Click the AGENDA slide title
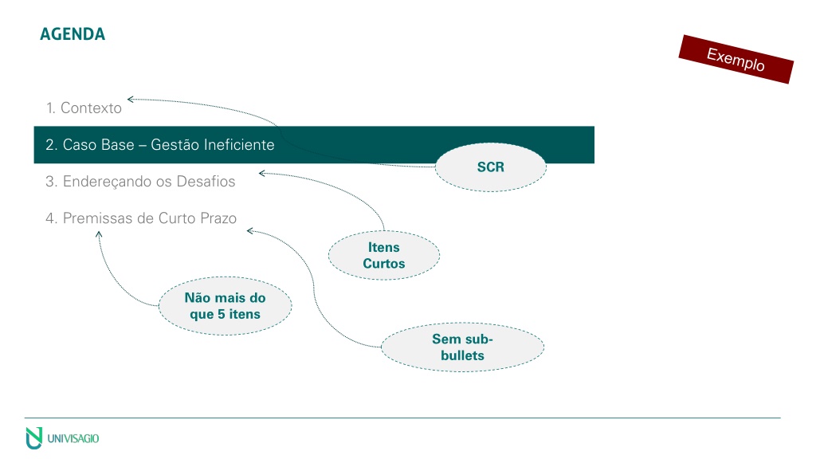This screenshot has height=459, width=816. pyautogui.click(x=73, y=34)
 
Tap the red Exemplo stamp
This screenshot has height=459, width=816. pyautogui.click(x=736, y=59)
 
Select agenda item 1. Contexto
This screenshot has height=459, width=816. pyautogui.click(x=84, y=108)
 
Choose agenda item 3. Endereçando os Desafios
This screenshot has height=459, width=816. pyautogui.click(x=140, y=182)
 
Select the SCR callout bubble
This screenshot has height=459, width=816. pyautogui.click(x=491, y=167)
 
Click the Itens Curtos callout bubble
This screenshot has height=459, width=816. pyautogui.click(x=384, y=256)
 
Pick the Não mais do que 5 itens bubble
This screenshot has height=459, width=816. pyautogui.click(x=225, y=306)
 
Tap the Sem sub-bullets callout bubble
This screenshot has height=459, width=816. pyautogui.click(x=462, y=347)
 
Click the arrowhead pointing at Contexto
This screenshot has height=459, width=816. pyautogui.click(x=130, y=99)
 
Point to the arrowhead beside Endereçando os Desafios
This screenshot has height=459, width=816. pyautogui.click(x=261, y=173)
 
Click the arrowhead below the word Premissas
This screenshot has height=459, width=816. pyautogui.click(x=98, y=234)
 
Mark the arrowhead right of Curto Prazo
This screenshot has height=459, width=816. pyautogui.click(x=249, y=230)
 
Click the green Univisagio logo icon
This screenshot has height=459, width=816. pyautogui.click(x=33, y=438)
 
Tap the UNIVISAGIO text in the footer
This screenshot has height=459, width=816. pyautogui.click(x=73, y=439)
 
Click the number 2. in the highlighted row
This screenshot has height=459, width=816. pyautogui.click(x=51, y=145)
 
